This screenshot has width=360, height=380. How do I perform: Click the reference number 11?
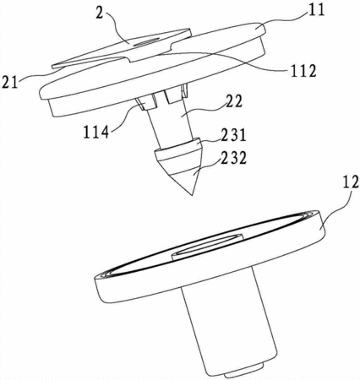pos(316,10)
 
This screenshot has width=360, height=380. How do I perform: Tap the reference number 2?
pos(100,13)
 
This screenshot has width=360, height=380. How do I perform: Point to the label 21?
pos(10,82)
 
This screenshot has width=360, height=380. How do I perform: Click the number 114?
pos(96,133)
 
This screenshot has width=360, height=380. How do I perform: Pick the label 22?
pos(233,102)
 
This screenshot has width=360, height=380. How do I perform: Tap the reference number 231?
pos(233,136)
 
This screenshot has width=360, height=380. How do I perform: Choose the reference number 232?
pos(233,158)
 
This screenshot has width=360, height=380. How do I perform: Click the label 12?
pos(351,182)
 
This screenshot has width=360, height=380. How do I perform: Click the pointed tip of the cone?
pos(191,195)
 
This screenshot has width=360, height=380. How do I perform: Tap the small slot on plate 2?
pos(147,42)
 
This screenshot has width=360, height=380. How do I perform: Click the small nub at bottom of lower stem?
pos(244,372)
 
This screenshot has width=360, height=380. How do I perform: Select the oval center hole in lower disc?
pos(207,245)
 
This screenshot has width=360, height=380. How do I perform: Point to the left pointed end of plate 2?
pos(53,66)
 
